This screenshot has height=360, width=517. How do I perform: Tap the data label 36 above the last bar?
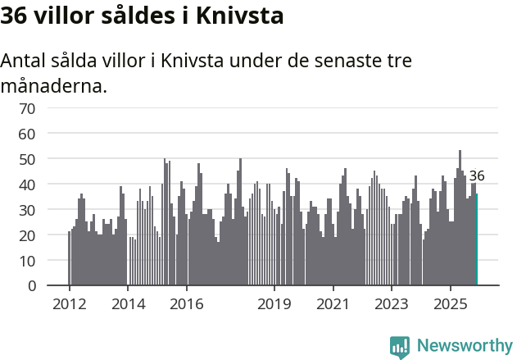coord(477,175)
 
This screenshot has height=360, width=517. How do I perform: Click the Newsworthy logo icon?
coord(400,347)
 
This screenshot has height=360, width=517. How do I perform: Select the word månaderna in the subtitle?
coord(52,85)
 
